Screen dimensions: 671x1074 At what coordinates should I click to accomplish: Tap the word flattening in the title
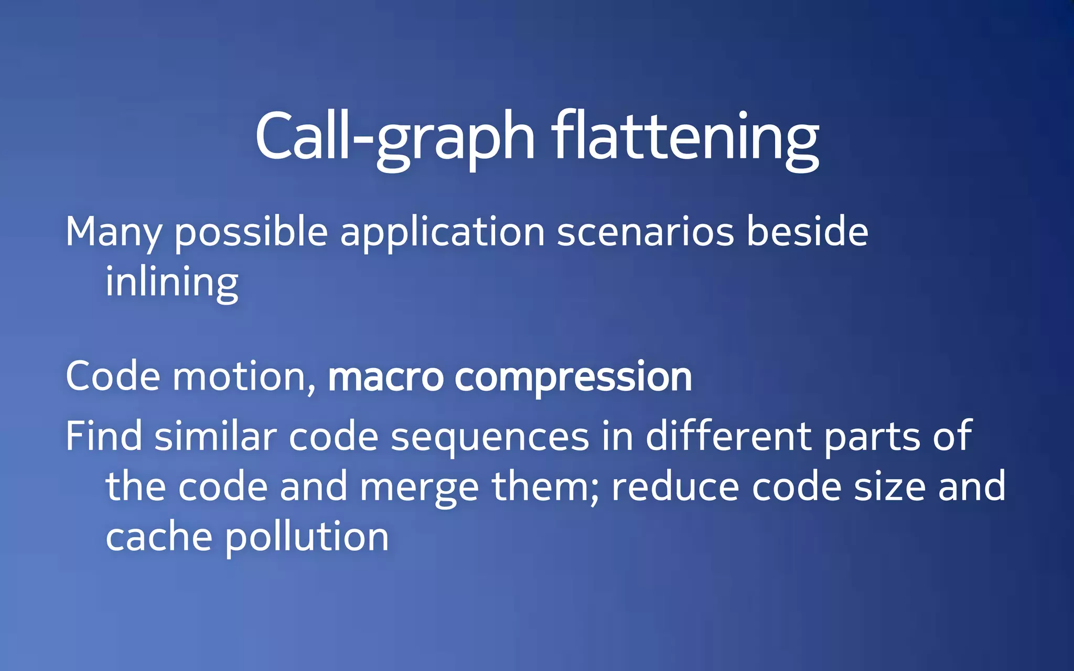pos(685,137)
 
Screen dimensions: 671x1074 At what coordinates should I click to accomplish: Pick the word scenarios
pos(645,232)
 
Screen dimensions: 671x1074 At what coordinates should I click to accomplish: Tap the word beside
pos(807,232)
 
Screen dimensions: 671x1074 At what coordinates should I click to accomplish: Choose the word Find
pos(103,436)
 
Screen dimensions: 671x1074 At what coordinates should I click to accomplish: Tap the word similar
pos(215,436)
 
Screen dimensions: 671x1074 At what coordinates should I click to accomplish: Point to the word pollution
pos(307,537)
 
